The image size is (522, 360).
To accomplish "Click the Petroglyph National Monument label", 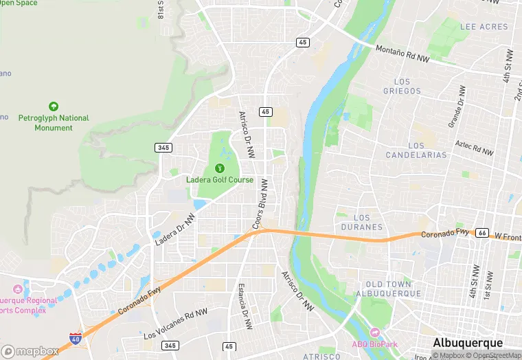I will tap(54, 122).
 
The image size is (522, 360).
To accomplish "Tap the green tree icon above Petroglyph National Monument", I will tap(54, 106).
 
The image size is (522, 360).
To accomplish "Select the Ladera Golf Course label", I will tap(220, 180).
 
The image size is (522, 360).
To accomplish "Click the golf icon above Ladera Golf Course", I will tap(220, 168).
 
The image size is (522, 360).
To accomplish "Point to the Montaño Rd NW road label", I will tap(402, 54).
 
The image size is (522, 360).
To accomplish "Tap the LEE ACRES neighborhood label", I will tap(484, 27).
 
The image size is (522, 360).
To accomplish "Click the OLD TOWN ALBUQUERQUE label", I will tap(389, 289).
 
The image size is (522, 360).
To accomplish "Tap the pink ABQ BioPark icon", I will tap(374, 333).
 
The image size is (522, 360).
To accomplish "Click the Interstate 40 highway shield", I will tap(75, 338).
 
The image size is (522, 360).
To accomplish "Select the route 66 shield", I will tap(482, 233).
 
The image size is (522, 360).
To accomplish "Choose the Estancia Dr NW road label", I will tap(242, 303).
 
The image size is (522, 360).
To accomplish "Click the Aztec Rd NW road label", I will tap(474, 147).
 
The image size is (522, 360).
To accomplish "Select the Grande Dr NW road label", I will tap(457, 106).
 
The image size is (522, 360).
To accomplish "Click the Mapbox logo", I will tap(30, 350).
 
